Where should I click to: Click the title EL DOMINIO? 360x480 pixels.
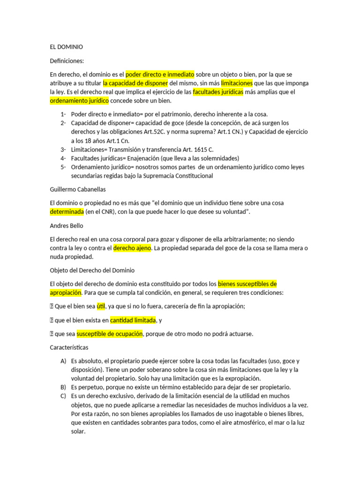[x=66, y=47]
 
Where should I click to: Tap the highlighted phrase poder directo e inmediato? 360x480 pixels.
[x=159, y=74]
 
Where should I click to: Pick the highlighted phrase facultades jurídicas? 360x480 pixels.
[x=218, y=92]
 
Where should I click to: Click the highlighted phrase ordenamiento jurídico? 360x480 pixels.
[x=79, y=101]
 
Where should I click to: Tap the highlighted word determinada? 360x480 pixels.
[x=67, y=212]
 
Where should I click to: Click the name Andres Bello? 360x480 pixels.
[x=67, y=225]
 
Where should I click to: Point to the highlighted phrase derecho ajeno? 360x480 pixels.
[x=132, y=248]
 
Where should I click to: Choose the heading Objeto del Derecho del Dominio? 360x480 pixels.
[x=92, y=270]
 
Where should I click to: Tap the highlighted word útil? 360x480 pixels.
[x=101, y=307]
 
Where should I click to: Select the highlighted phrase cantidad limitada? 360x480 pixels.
[x=133, y=320]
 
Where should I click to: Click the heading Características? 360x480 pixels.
[x=69, y=348]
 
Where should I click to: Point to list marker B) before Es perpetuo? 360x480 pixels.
[x=63, y=387]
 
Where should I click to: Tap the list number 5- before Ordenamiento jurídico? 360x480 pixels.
[x=63, y=167]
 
